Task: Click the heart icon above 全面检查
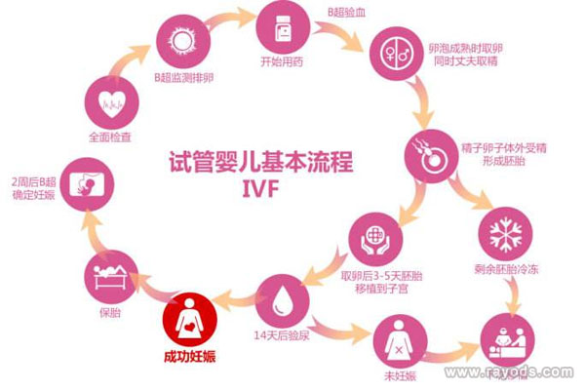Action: click(112, 103)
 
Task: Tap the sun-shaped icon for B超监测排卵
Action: click(183, 41)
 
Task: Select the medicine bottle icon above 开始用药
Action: click(283, 27)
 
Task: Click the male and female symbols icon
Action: click(397, 54)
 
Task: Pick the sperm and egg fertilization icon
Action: click(432, 156)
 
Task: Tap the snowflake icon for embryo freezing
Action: click(505, 234)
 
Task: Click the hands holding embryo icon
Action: click(375, 239)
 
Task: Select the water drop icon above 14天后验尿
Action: click(283, 301)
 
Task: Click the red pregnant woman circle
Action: click(190, 320)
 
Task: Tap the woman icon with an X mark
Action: click(400, 341)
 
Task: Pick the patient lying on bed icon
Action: click(111, 277)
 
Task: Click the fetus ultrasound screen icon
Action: click(88, 184)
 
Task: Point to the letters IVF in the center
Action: click(260, 189)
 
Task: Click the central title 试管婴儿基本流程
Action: click(260, 162)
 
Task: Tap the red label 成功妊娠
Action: click(190, 357)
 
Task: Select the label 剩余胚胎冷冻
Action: click(506, 269)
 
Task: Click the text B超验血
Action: click(346, 13)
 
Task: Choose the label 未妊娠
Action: click(400, 375)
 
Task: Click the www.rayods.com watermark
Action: click(509, 371)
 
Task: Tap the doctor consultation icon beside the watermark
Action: click(507, 340)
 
